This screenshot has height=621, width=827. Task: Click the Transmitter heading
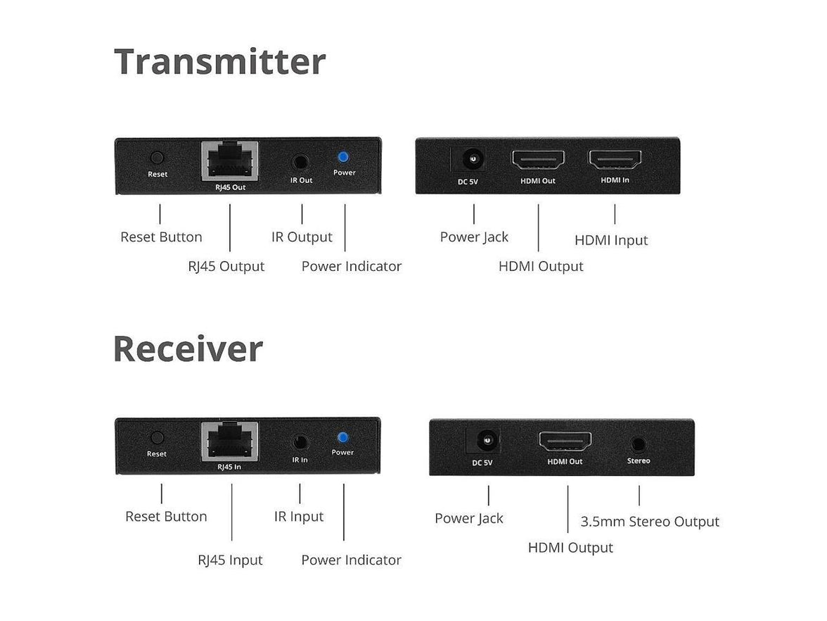(219, 61)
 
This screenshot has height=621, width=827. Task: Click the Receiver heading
(188, 349)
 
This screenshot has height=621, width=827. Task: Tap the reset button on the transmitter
(158, 158)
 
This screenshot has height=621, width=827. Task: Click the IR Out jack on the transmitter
(302, 161)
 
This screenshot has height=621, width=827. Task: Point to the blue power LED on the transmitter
(345, 158)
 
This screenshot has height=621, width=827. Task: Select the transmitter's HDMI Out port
(538, 161)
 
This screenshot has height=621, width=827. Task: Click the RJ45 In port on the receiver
(230, 441)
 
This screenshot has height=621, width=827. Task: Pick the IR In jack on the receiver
(300, 442)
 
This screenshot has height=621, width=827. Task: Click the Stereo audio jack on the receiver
(639, 444)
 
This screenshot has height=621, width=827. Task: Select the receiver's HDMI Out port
(565, 441)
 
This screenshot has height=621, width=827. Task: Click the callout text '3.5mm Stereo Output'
(650, 522)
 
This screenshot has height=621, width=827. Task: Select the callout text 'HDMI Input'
(611, 240)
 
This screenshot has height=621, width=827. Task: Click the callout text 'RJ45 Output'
(226, 266)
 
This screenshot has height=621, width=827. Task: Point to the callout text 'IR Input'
(299, 516)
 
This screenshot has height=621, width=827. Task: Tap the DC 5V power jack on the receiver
(483, 442)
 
